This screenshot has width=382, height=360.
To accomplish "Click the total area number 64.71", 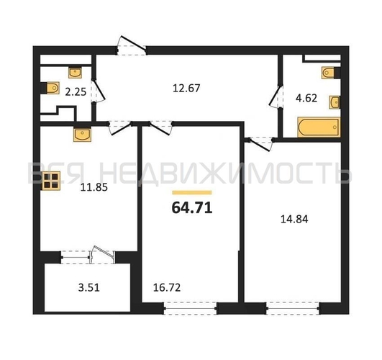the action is pyautogui.click(x=192, y=208).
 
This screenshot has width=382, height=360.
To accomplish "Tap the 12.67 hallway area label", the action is pyautogui.click(x=186, y=88).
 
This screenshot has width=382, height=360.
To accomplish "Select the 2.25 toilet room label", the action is pyautogui.click(x=76, y=92).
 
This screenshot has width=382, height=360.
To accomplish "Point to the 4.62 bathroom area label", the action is pyautogui.click(x=306, y=98).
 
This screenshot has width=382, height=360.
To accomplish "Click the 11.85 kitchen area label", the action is pyautogui.click(x=94, y=188).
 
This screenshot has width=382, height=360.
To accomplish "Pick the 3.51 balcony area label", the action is pyautogui.click(x=89, y=287).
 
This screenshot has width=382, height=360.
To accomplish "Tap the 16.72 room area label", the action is pyautogui.click(x=167, y=287).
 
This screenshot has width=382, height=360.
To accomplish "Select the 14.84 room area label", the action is pyautogui.click(x=294, y=219).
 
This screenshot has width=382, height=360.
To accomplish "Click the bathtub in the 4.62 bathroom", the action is pyautogui.click(x=319, y=127).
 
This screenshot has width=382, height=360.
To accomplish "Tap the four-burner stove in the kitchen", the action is pyautogui.click(x=51, y=181).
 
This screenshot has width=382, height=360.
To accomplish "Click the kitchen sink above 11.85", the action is pyautogui.click(x=82, y=135).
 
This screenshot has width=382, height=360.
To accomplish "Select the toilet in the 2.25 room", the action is pyautogui.click(x=51, y=88).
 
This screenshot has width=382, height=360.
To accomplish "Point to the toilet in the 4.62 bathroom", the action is pyautogui.click(x=330, y=73).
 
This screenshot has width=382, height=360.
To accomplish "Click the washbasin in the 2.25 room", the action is pyautogui.click(x=75, y=72).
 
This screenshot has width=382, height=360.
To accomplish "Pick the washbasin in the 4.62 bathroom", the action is pyautogui.click(x=335, y=102).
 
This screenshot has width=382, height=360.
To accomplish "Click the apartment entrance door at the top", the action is pyautogui.click(x=132, y=45).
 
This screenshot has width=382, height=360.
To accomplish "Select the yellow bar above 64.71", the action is pyautogui.click(x=192, y=193).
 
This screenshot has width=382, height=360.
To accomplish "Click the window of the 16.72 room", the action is pyautogui.click(x=190, y=308).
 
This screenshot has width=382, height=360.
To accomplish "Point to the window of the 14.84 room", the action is pyautogui.click(x=293, y=308).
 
